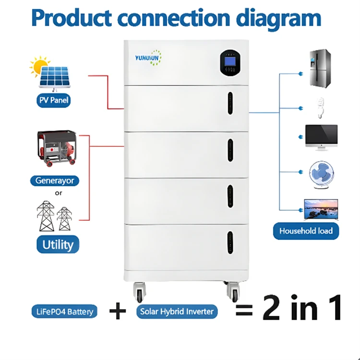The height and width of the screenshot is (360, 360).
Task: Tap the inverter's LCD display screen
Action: (x=228, y=62)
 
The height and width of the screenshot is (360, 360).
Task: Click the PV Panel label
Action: (x=54, y=101)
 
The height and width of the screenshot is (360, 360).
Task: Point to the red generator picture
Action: (x=56, y=148)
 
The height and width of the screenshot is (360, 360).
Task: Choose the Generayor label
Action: (x=55, y=181)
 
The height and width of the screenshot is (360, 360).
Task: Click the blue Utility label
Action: (x=58, y=244)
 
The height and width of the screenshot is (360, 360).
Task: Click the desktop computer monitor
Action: (x=321, y=137)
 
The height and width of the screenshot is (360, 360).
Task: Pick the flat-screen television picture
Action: (x=321, y=209)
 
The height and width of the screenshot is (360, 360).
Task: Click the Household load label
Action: (x=306, y=231)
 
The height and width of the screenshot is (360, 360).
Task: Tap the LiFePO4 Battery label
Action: (x=64, y=312)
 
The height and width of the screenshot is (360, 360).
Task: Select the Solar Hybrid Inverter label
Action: (x=177, y=312)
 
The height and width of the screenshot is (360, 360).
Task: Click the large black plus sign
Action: (x=117, y=312)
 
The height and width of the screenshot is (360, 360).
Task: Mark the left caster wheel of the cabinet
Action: (x=140, y=293)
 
